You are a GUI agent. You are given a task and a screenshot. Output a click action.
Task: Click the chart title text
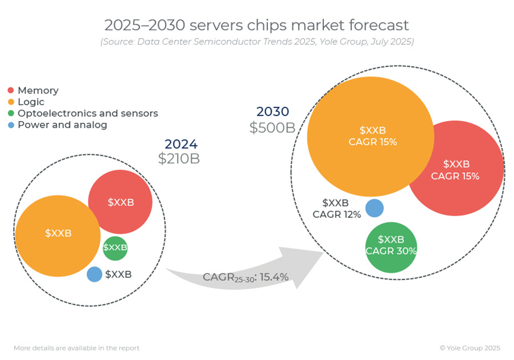(257, 25)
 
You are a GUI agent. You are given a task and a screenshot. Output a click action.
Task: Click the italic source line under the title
(257, 42)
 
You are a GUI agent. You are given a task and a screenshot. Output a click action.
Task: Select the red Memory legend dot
(11, 90)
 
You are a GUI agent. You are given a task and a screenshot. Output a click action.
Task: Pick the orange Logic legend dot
(11, 102)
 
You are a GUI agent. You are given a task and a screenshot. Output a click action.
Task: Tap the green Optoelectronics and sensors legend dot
(11, 113)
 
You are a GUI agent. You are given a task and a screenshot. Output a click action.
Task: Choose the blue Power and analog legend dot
(11, 125)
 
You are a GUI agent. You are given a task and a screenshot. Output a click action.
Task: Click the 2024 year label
(181, 144)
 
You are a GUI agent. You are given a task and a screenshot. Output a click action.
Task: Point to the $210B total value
(179, 159)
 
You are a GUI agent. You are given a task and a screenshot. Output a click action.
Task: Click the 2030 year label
(272, 112)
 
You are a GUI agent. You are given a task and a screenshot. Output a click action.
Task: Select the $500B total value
(272, 127)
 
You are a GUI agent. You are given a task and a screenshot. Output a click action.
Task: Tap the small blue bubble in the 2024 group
(94, 274)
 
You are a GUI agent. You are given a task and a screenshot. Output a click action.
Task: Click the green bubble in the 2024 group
(115, 248)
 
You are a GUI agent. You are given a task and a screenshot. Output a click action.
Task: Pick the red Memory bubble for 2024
(121, 202)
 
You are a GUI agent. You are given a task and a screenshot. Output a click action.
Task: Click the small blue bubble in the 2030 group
(374, 208)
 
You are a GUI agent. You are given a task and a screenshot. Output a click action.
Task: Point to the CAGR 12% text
(337, 214)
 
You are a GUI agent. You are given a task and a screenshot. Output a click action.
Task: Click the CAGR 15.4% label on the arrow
(245, 277)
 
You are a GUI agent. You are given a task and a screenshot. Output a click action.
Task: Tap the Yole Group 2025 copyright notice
(470, 348)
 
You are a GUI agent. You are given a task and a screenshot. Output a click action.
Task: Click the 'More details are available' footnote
(77, 348)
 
